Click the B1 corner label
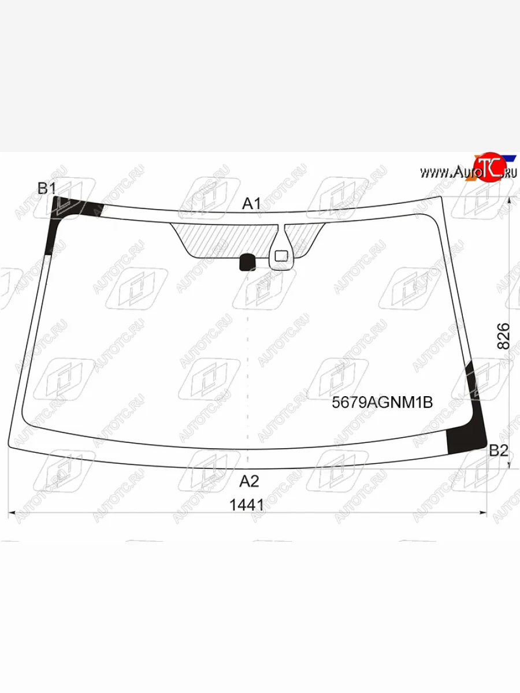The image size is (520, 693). [x=47, y=188]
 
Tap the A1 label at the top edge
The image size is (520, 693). [x=251, y=204]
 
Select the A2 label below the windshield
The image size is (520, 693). [x=249, y=481]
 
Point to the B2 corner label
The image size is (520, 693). [x=499, y=450]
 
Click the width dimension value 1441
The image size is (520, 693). [x=247, y=505]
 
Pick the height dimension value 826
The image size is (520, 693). [x=503, y=336]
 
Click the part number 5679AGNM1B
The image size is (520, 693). [x=382, y=403]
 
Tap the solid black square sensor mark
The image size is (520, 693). [x=247, y=262]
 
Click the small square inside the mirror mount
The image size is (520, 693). [x=281, y=256]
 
